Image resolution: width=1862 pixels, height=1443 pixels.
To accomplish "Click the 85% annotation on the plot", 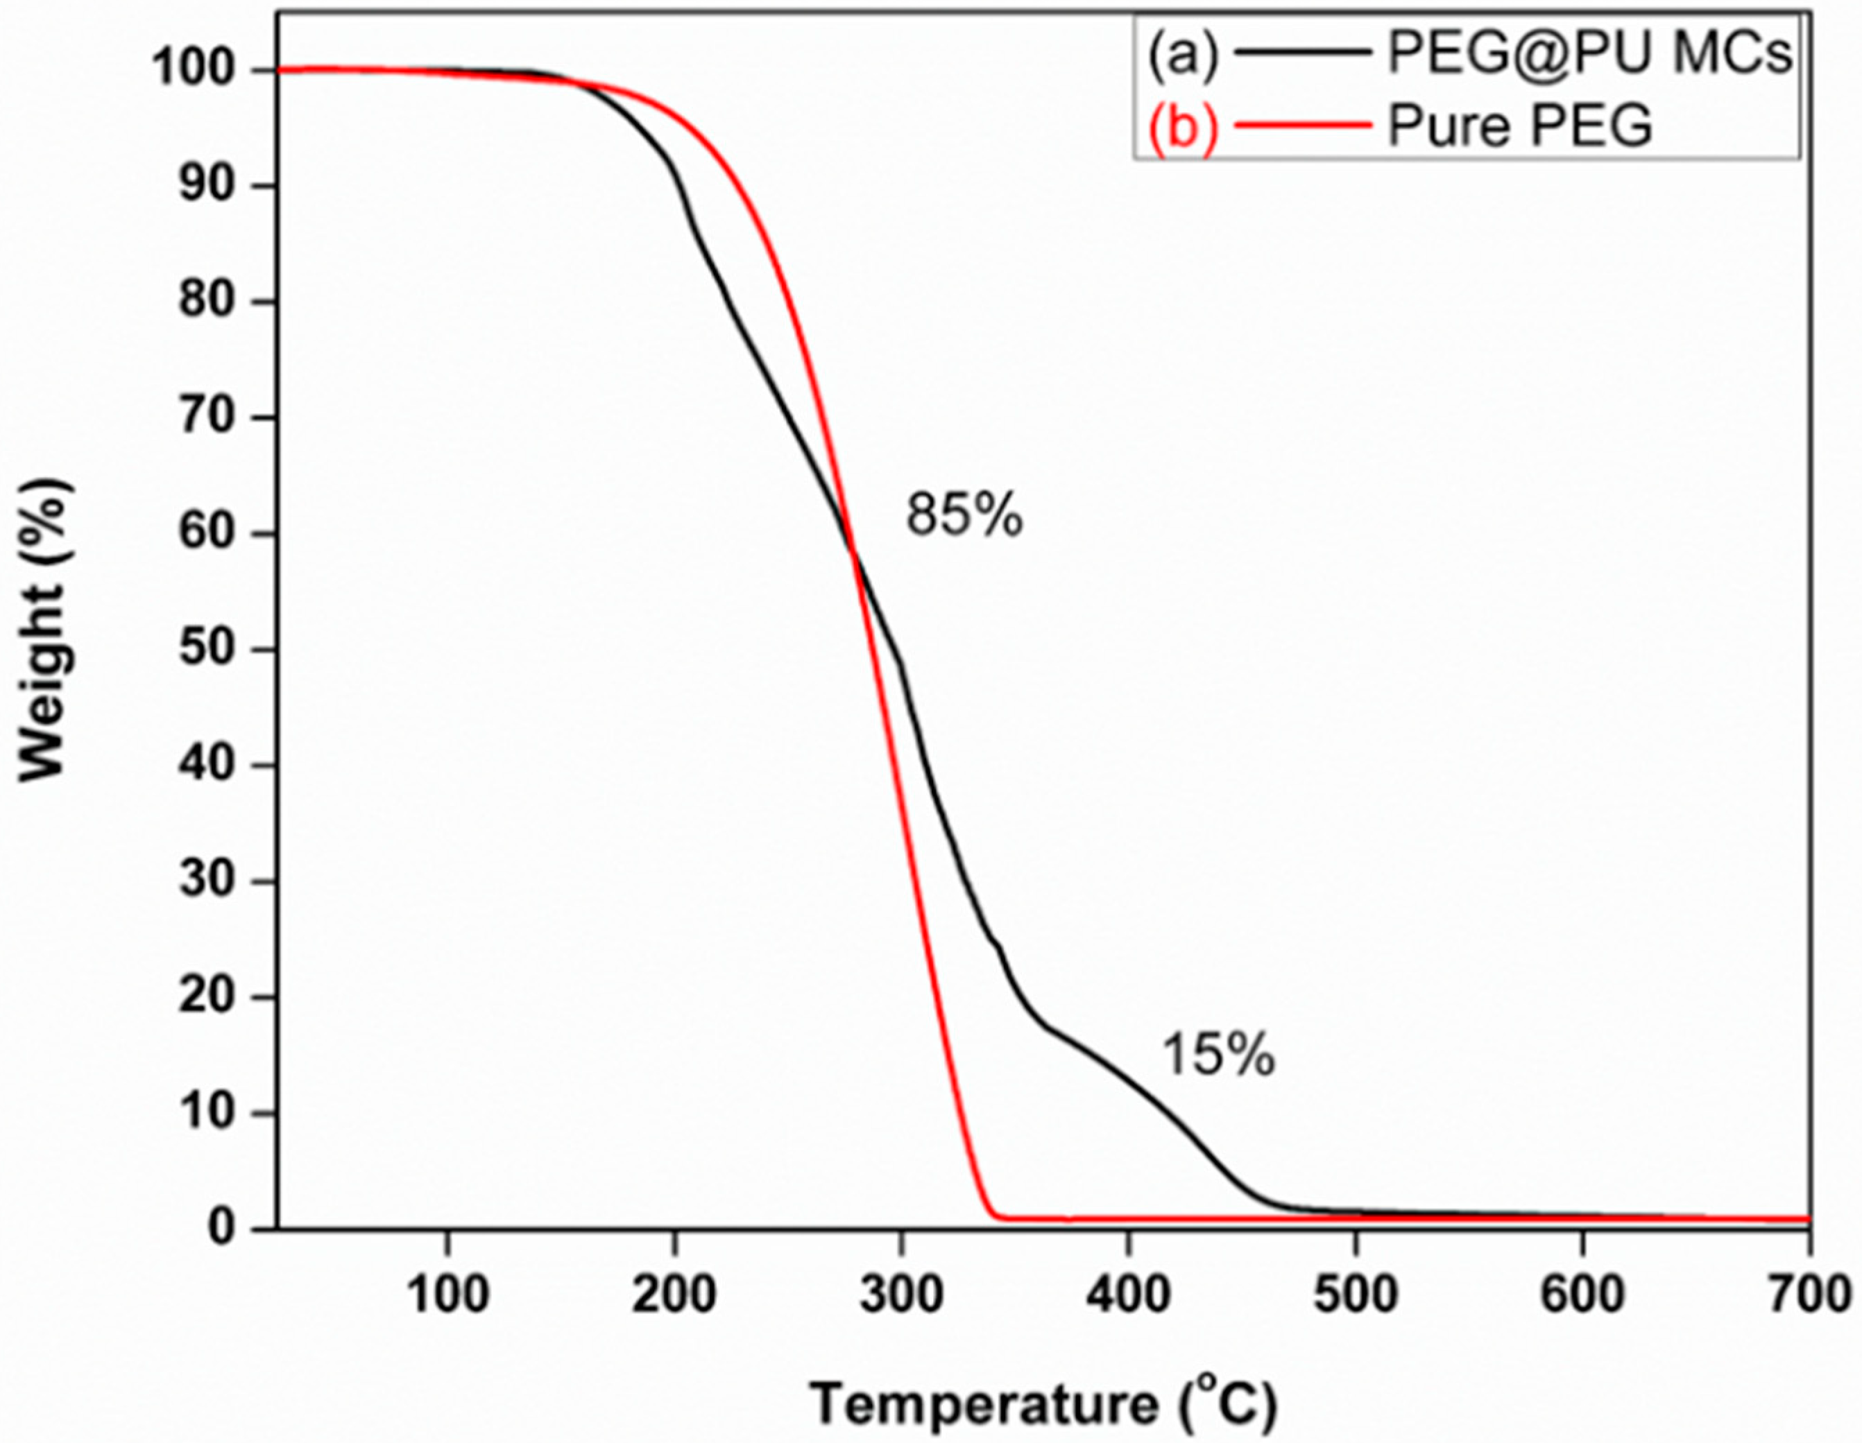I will point(964,517).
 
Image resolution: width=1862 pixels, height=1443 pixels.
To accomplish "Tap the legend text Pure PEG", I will point(1520,127).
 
